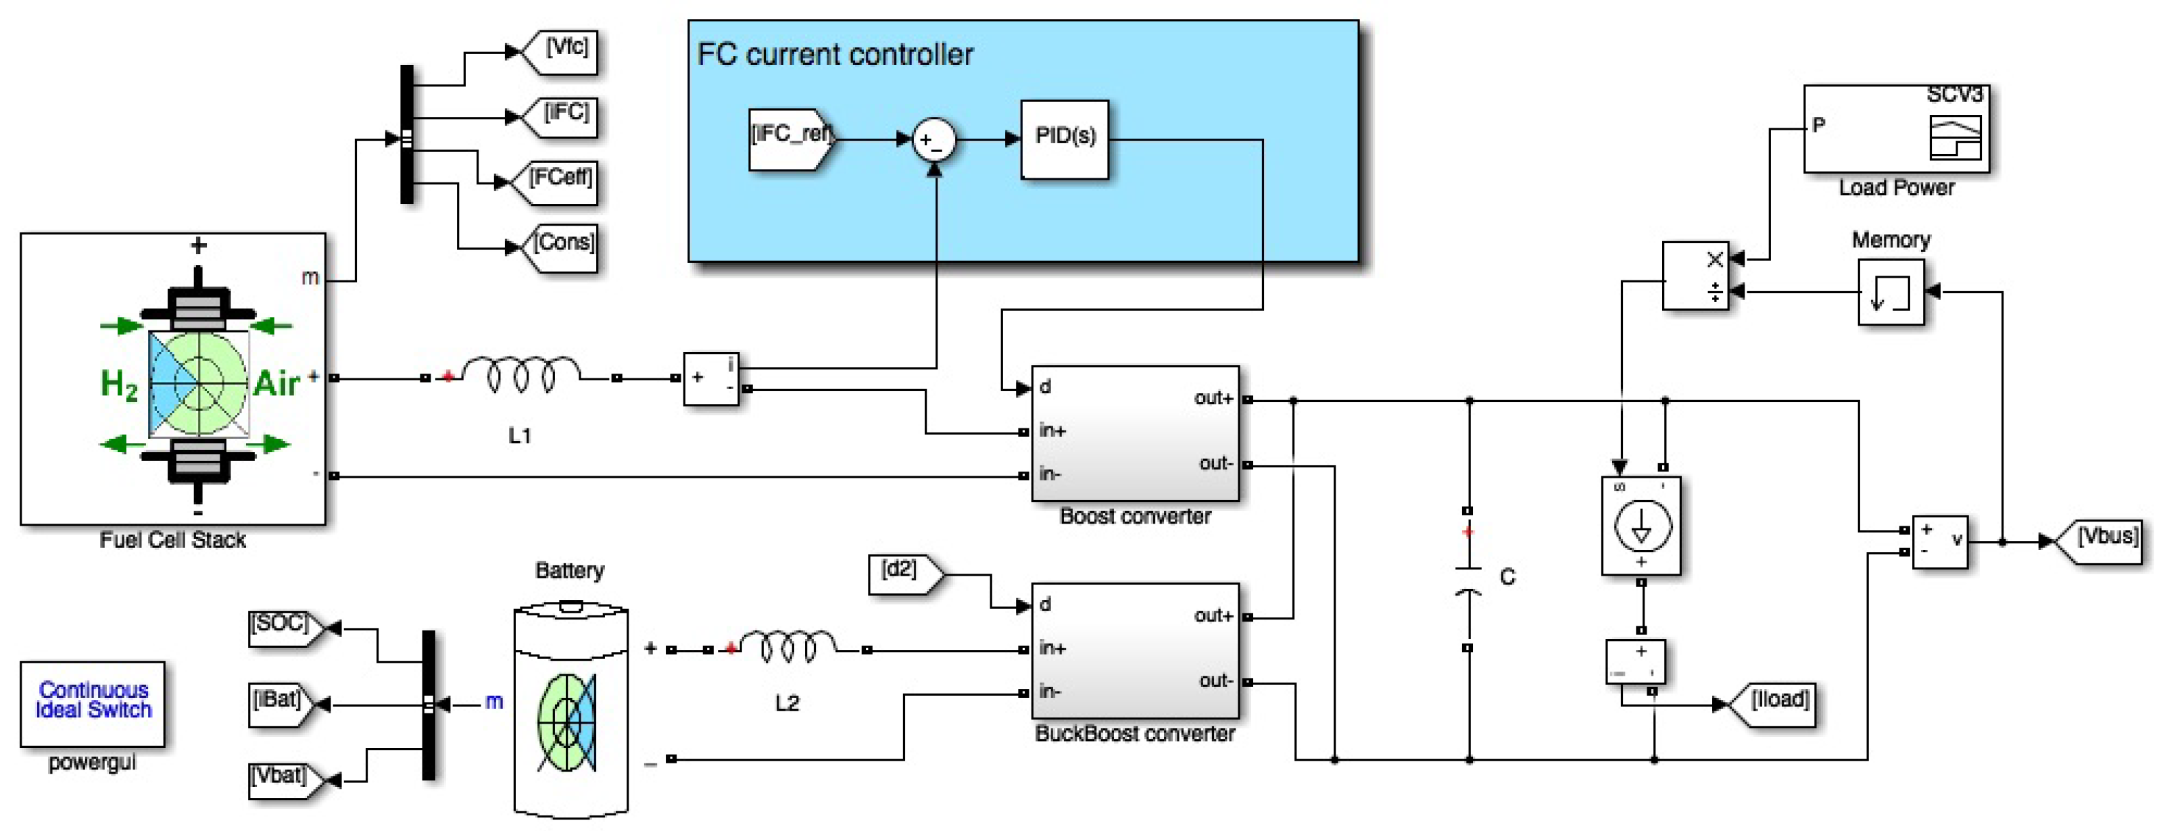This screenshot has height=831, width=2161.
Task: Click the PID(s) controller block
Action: tap(1064, 138)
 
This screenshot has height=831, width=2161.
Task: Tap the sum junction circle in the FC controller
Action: tap(933, 139)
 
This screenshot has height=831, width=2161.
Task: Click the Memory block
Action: tap(1890, 292)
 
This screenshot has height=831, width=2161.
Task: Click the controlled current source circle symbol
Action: tap(1642, 526)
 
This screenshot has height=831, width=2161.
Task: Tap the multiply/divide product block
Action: tap(1695, 276)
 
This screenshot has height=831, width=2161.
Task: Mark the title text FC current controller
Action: tap(835, 55)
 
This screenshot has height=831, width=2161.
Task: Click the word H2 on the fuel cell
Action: tap(118, 384)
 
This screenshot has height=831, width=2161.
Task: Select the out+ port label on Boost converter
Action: tap(1212, 399)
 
